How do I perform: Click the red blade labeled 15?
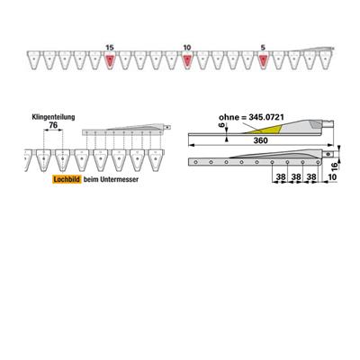coord(110,60)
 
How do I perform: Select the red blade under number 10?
coord(187,60)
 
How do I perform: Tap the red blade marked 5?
coord(263,60)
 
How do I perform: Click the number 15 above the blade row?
coord(110,48)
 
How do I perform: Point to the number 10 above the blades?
coord(187,48)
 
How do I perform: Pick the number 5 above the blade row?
coord(263,48)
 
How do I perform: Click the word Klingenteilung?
coord(53,117)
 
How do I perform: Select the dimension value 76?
coord(53,125)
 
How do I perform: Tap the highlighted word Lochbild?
coord(67,179)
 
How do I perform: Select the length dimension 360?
coord(260,140)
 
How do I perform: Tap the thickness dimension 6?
coord(222,125)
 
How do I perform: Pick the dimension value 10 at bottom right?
coord(332,177)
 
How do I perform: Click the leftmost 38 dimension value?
coord(281,177)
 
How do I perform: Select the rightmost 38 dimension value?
coord(311,177)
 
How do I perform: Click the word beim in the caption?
coord(88,179)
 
